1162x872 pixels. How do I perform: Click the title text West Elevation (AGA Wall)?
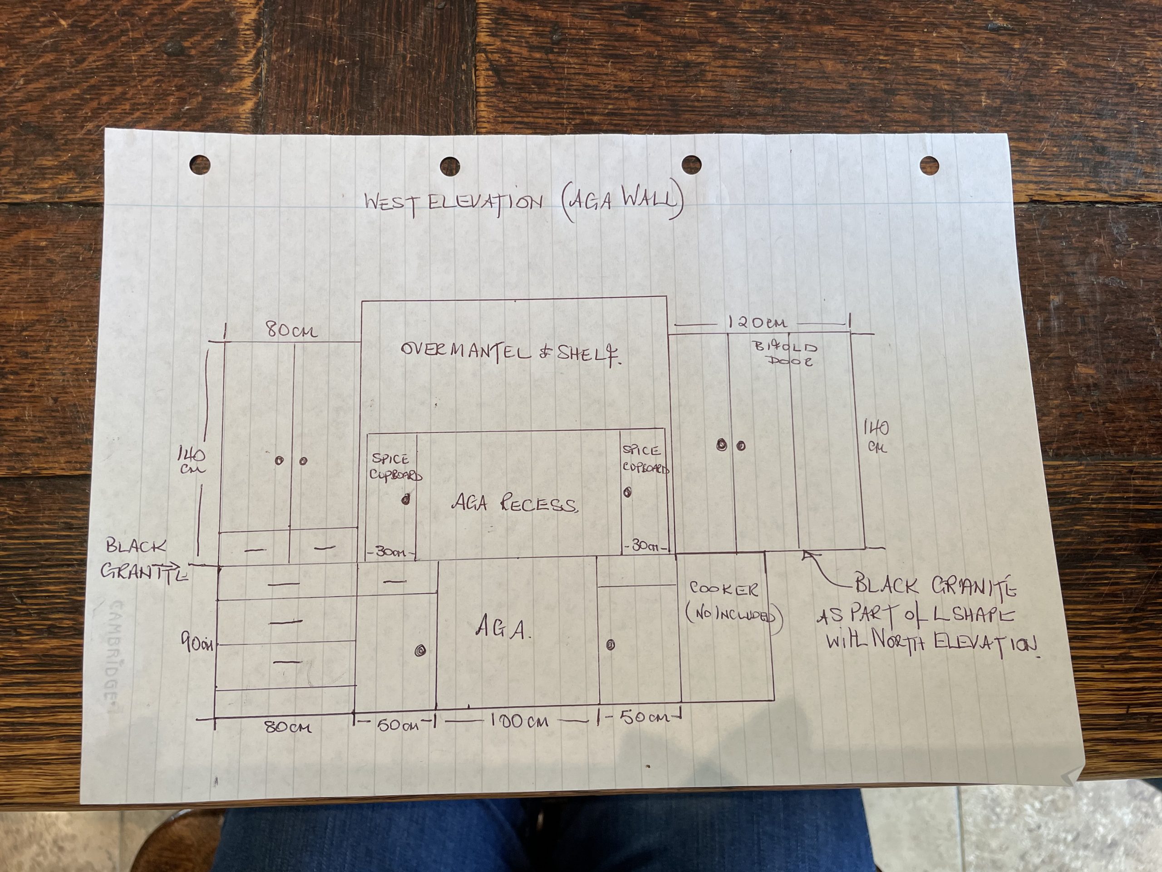523,203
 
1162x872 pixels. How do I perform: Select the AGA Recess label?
514,504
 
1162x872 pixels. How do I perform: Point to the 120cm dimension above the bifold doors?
757,322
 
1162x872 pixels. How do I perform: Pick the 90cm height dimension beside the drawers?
197,643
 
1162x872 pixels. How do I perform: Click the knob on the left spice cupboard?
405,500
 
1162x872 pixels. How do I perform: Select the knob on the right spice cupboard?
627,492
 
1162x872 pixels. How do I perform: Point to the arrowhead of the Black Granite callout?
805,554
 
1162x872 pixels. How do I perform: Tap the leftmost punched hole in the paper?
200,164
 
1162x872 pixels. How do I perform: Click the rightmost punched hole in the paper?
929,164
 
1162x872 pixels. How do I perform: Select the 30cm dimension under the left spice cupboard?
390,552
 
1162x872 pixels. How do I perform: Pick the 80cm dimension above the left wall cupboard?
291,331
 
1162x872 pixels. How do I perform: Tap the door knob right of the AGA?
611,645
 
